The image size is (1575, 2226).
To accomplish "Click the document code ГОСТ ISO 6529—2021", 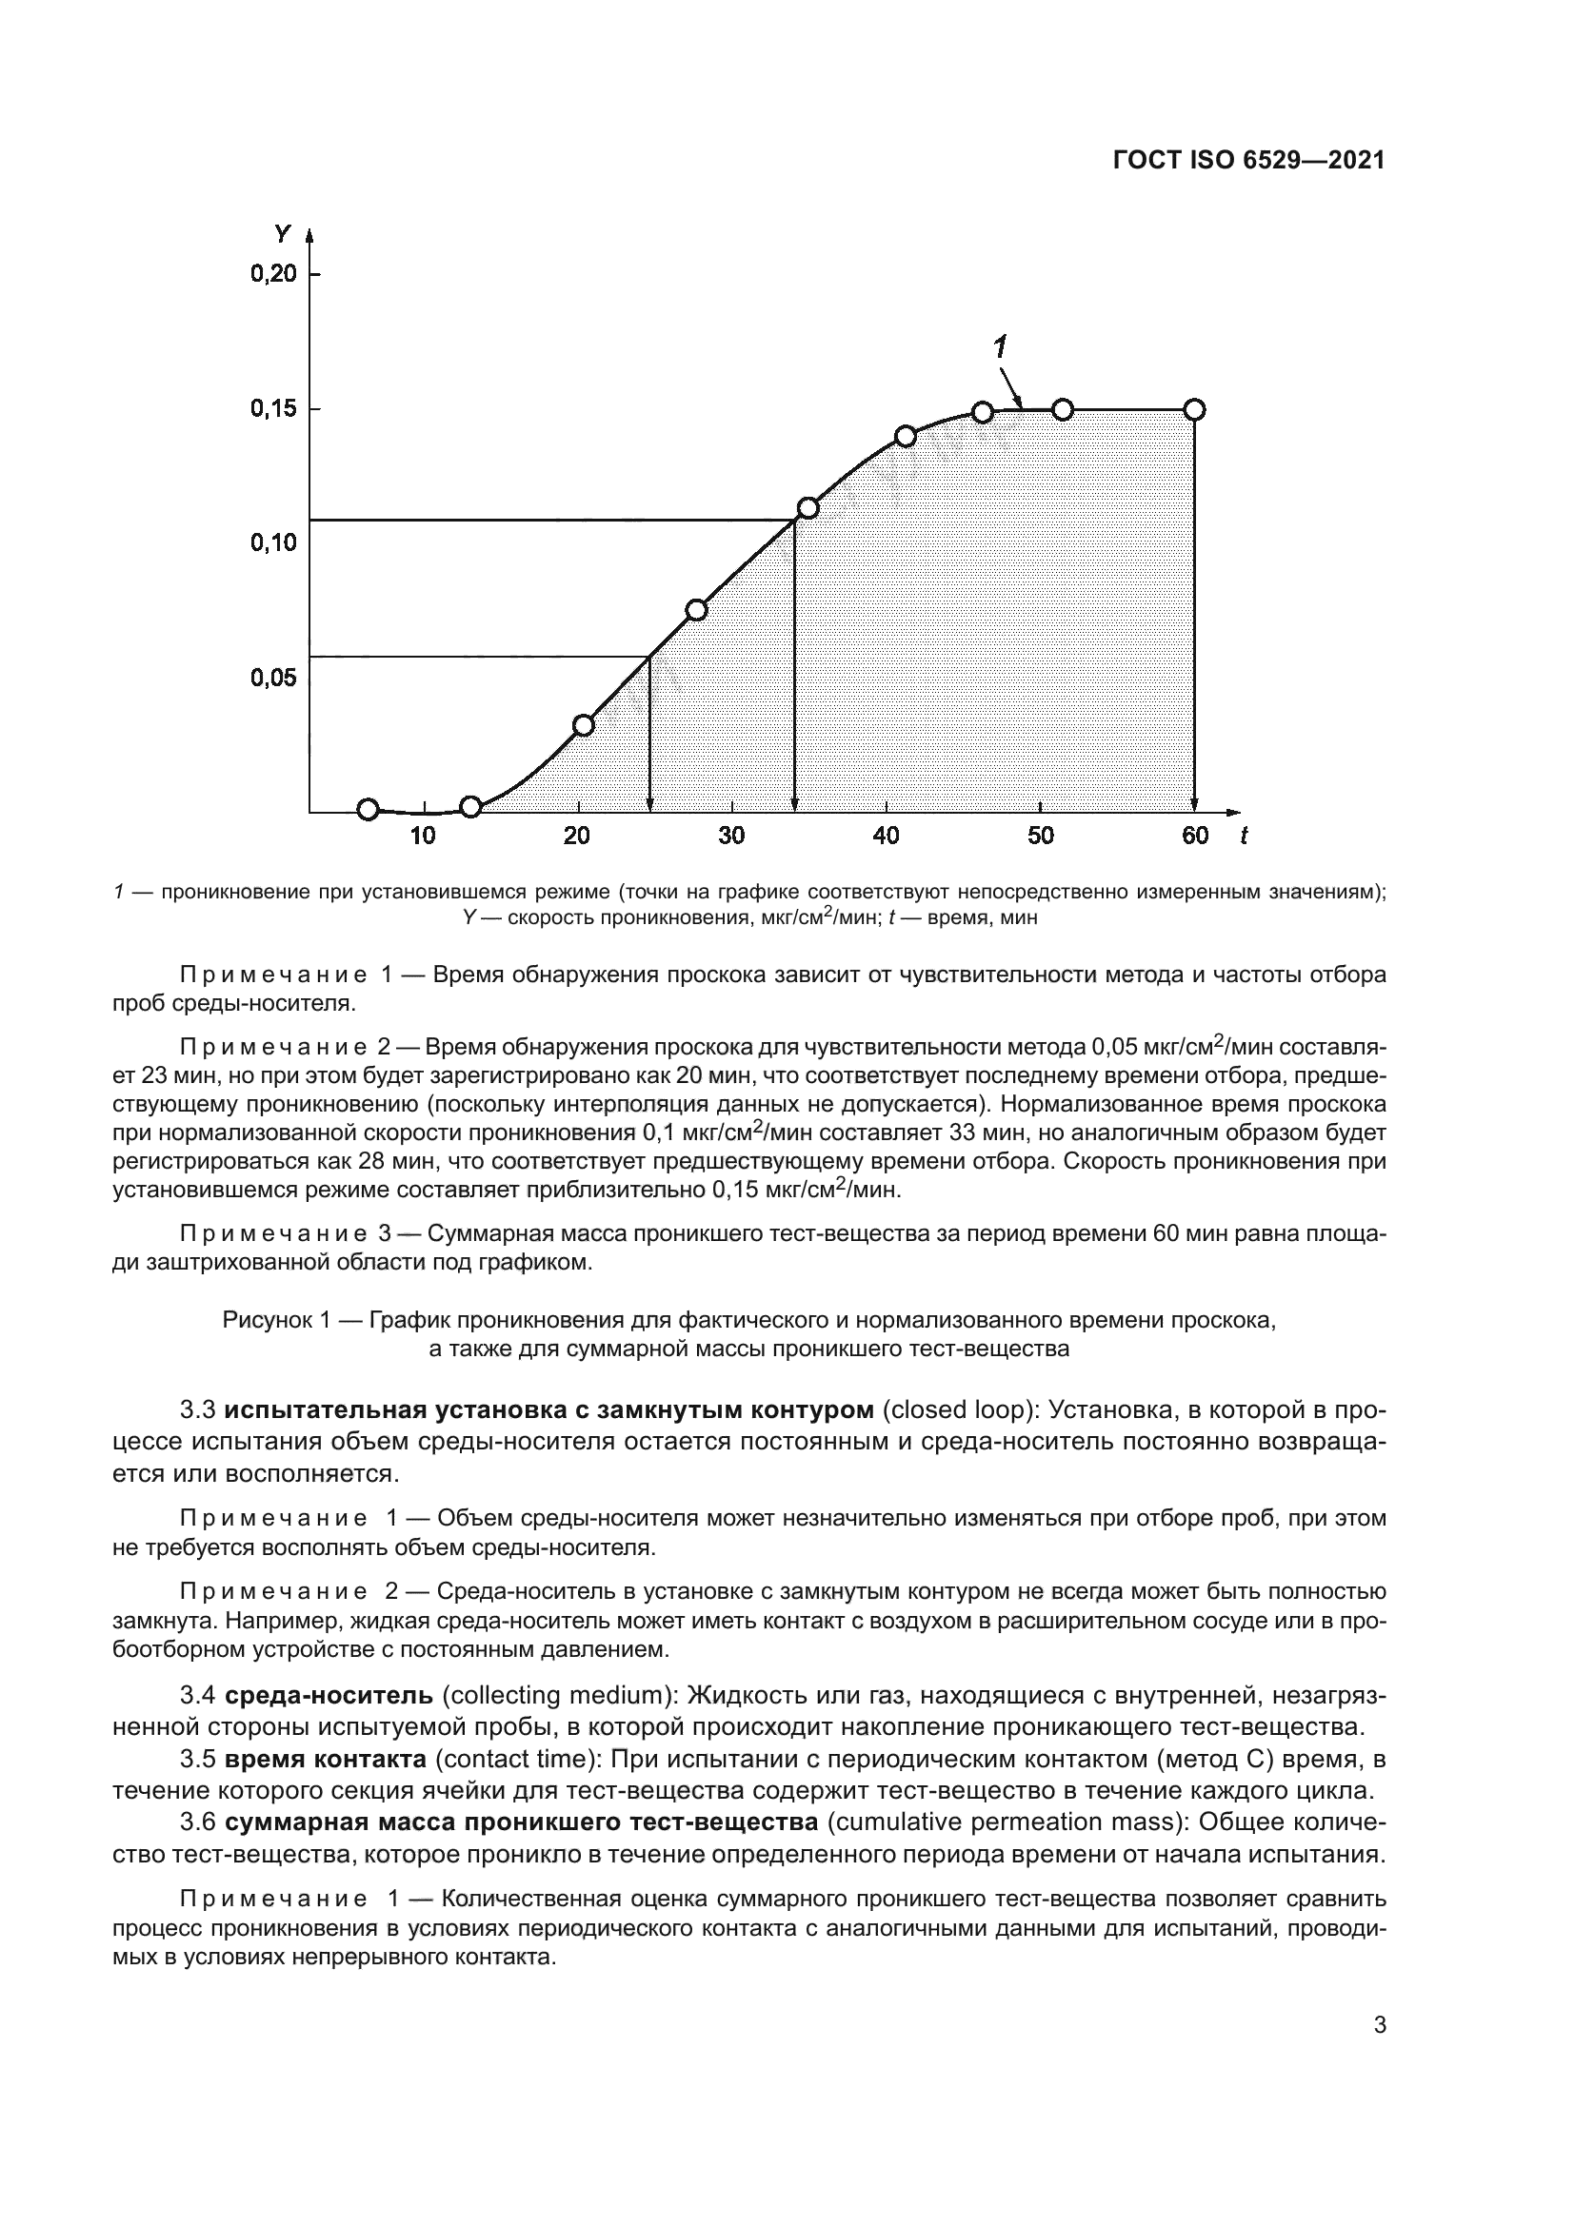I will (1248, 161).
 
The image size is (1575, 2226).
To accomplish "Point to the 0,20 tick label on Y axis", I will (273, 274).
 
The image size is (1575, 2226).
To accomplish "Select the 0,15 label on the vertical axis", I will (273, 409).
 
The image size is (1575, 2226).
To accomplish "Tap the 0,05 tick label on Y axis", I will (273, 678).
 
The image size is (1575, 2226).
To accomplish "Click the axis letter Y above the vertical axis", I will (282, 234).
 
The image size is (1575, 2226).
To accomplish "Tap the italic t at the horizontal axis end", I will (1244, 837).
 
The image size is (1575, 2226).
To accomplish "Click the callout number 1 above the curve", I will (1000, 348).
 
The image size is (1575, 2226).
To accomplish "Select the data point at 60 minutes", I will (1195, 410).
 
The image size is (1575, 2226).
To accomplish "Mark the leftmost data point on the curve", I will (368, 810).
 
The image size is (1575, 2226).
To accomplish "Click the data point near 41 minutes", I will (906, 436).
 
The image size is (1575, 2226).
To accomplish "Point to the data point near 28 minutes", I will (696, 610).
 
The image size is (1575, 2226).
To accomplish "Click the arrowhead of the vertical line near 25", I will (649, 805).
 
